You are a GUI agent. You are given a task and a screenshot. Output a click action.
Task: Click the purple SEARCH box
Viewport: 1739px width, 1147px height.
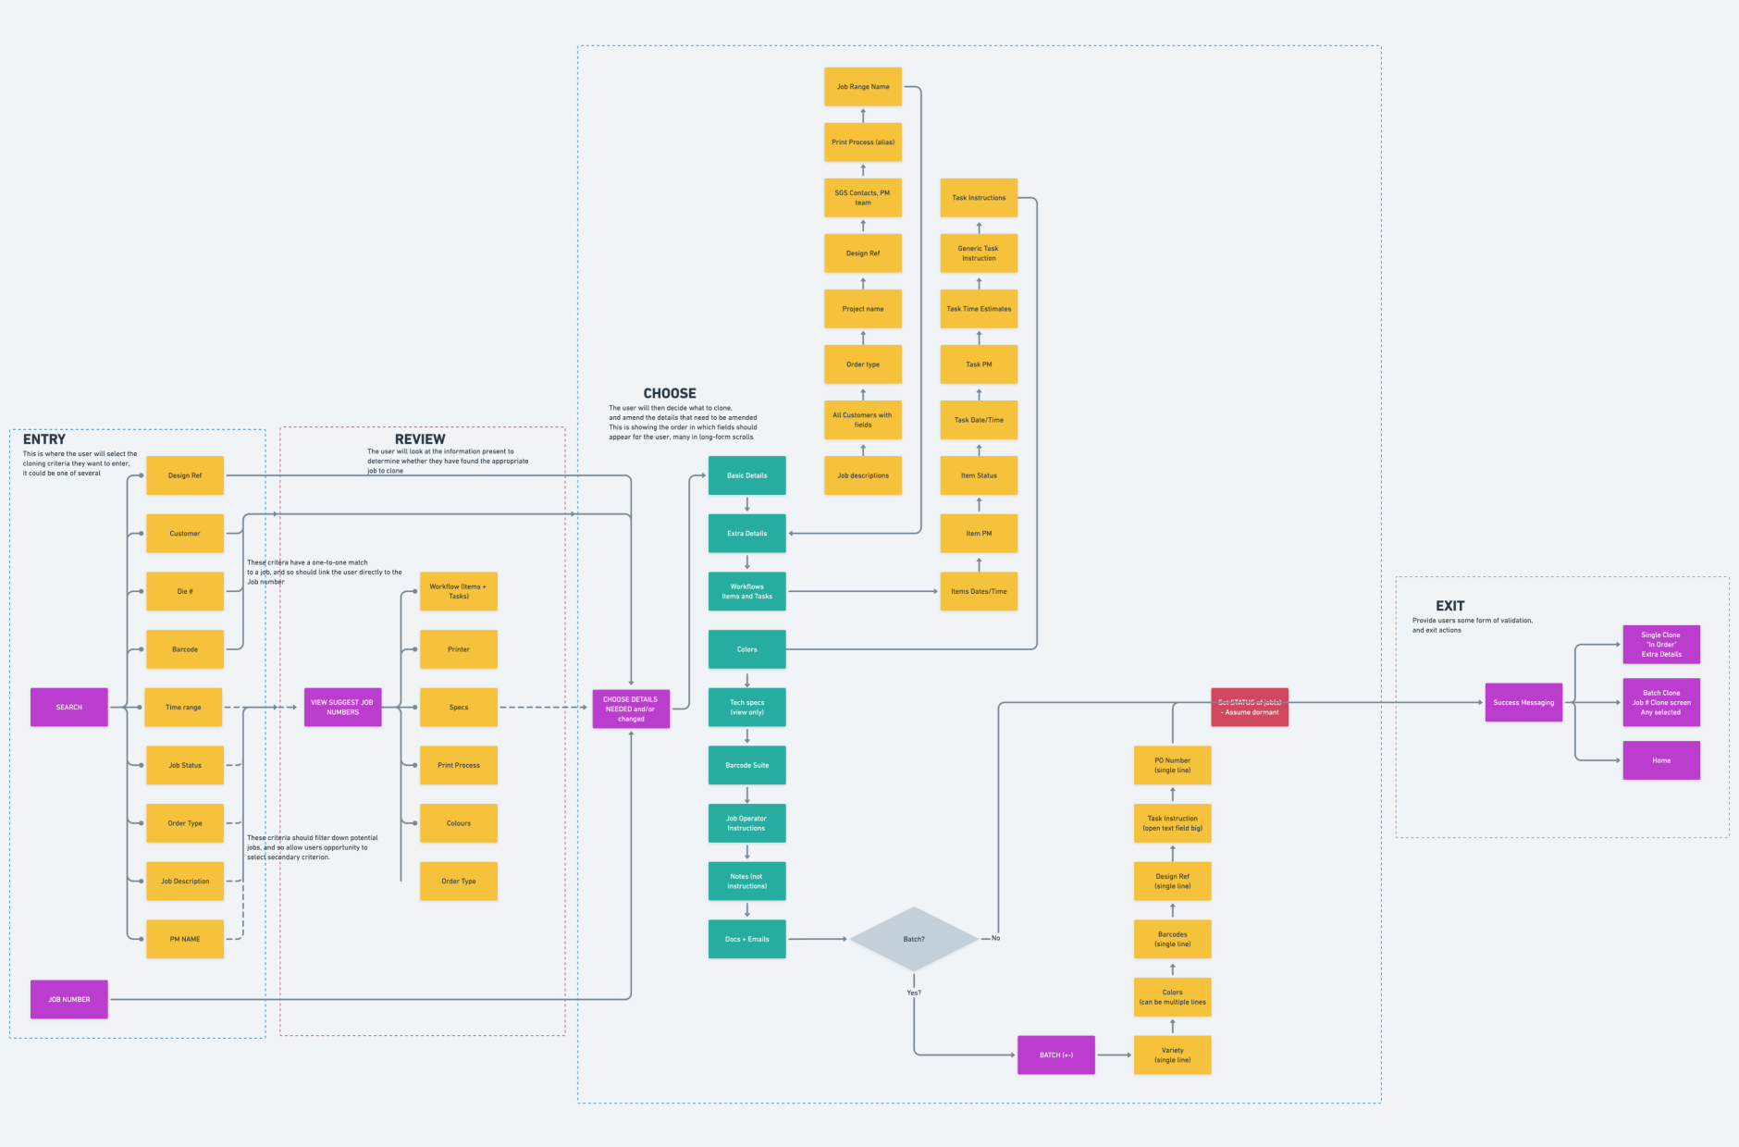coord(69,707)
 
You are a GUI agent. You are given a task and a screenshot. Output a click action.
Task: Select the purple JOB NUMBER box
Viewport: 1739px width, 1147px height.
coord(69,999)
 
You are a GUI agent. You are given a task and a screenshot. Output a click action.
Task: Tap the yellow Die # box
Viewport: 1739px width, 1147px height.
coord(185,591)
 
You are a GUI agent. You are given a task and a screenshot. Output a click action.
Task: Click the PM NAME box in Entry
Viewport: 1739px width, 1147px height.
coord(185,939)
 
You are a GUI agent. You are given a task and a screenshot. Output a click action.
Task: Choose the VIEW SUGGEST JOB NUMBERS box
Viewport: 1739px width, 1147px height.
coord(342,707)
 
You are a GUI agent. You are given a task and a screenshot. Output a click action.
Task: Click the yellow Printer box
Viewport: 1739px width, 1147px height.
coord(459,649)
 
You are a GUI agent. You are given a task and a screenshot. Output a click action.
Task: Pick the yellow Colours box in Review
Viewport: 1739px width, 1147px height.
coord(459,823)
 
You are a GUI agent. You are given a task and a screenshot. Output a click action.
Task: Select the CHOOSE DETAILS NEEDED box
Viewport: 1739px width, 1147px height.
coord(631,709)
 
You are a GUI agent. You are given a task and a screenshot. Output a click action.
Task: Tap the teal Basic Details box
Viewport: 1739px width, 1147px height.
coord(746,475)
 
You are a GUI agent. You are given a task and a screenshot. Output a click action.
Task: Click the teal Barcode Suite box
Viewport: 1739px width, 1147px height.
coord(746,765)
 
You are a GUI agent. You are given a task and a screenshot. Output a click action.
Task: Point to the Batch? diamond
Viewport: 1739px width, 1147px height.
coord(913,939)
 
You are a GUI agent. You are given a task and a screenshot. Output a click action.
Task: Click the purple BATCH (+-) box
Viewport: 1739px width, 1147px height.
coord(1055,1054)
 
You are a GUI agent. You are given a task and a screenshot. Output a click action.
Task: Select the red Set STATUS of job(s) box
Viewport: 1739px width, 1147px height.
coord(1250,707)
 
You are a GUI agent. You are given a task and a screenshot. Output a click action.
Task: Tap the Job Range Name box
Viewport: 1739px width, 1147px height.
coord(863,87)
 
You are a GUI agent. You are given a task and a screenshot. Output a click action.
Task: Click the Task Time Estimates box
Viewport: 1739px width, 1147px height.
coord(979,309)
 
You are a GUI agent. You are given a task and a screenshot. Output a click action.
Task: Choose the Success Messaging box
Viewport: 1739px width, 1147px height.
coord(1523,702)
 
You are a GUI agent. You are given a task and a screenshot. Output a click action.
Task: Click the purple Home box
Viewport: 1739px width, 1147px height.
coord(1661,760)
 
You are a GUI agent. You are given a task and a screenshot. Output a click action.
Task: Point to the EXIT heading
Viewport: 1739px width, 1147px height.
coord(1449,606)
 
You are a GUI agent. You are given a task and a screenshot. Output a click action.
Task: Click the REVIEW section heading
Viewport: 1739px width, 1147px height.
coord(420,438)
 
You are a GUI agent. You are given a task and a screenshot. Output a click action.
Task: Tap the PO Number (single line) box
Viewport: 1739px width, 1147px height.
coord(1172,765)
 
